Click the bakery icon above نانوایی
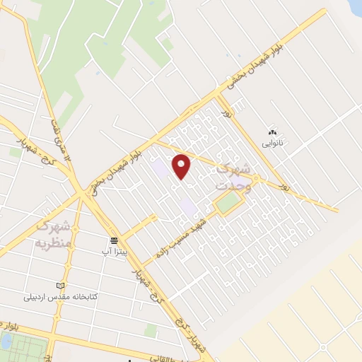(x=272, y=132)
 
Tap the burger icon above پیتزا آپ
(x=113, y=241)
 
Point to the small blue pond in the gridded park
(x=6, y=342)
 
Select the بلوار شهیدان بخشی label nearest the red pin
(x=117, y=168)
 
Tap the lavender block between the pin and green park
(x=188, y=206)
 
